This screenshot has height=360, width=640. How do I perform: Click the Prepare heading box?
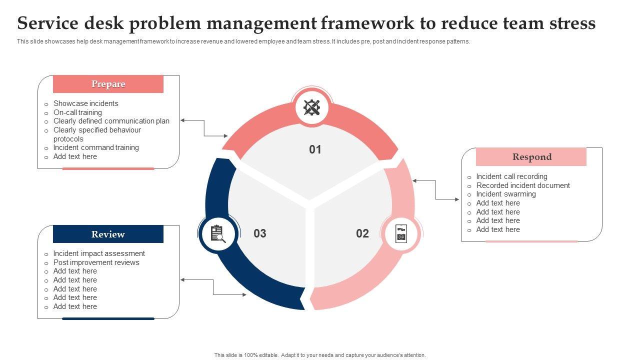[x=108, y=84]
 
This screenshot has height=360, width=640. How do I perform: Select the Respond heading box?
[x=531, y=157]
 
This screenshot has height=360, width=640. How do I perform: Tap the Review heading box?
[x=108, y=234]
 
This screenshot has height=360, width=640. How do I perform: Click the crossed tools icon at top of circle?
[x=312, y=107]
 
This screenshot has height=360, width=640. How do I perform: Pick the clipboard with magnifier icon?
[x=217, y=233]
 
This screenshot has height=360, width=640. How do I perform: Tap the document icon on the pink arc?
[x=401, y=233]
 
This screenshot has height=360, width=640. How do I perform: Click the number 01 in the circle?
[x=315, y=149]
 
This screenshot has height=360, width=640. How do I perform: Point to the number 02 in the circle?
[x=362, y=233]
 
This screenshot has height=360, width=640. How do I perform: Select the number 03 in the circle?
[x=260, y=233]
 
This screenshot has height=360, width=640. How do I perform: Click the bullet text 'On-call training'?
[x=77, y=112]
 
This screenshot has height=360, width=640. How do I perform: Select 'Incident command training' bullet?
[x=96, y=147]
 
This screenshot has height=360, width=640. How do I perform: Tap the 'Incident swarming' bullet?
[x=506, y=194]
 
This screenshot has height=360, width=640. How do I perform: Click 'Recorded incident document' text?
[x=523, y=185]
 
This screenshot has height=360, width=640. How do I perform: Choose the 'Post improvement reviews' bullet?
[x=96, y=262]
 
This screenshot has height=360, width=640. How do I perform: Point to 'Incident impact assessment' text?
[x=99, y=253]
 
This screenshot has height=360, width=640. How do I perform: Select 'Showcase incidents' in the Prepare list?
[x=86, y=103]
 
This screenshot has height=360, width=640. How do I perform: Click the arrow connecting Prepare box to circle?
[x=204, y=128]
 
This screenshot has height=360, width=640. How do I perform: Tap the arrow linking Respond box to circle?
[x=436, y=190]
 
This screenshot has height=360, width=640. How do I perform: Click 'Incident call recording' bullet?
[x=511, y=176]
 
